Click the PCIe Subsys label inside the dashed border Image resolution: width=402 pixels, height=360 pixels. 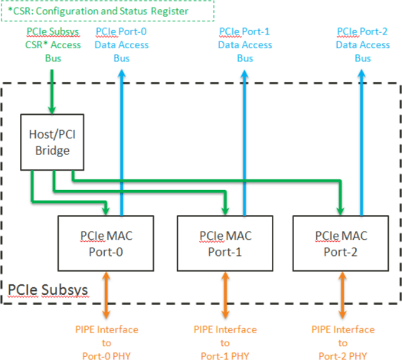coord(48,290)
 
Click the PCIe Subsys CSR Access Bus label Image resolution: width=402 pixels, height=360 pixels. coord(53,45)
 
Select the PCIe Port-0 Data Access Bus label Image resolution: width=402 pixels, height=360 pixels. coord(122,45)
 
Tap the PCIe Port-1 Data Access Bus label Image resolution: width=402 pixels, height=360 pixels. coord(245,45)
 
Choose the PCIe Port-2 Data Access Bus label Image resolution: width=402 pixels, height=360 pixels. coord(363,45)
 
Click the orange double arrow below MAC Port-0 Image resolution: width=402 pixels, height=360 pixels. coord(106,295)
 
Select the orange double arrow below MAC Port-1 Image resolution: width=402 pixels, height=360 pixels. coord(225,295)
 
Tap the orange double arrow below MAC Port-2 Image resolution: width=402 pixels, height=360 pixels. coord(343,295)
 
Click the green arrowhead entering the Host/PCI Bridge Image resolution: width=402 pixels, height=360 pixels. coord(52,110)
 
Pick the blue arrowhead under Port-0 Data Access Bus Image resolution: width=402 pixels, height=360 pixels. coord(122,74)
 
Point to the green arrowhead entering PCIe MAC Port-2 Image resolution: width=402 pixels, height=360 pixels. coord(340,211)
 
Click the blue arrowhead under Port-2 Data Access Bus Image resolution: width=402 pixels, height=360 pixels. coord(361,74)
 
